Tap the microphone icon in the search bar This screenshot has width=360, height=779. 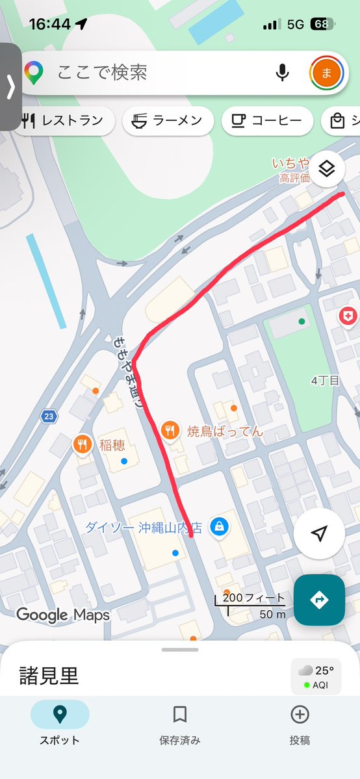pos(282,73)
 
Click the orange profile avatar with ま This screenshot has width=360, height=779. pos(326,73)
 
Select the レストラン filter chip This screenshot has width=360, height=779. pos(63,121)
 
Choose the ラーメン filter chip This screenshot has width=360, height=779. pos(168,121)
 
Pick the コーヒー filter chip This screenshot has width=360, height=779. pos(266,121)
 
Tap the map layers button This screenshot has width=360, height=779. pos(327,170)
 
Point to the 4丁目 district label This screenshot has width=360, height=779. pos(325,381)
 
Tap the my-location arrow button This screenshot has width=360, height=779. pos(318,533)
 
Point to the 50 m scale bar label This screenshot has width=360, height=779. pos(272,614)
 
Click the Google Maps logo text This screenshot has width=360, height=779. pos(62,615)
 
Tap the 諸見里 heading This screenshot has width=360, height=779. pos(48,676)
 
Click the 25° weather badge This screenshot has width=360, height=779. pos(316,675)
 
